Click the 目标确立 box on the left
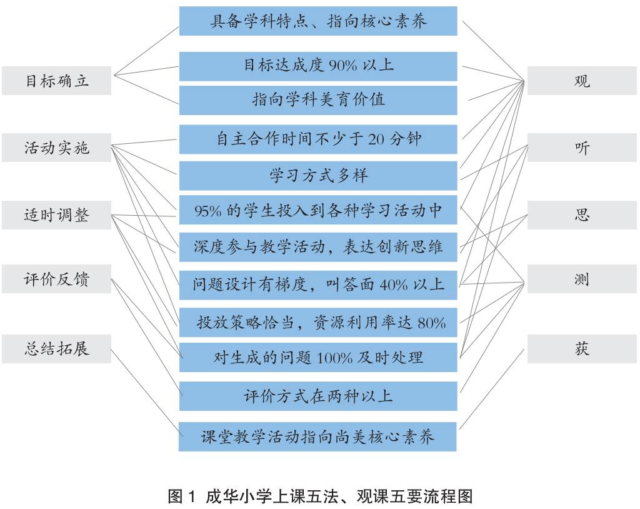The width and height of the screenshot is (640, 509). coord(56,81)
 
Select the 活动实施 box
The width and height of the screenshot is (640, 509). coord(56,148)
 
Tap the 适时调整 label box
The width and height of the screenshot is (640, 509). coord(56,215)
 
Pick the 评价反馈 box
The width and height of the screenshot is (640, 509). coord(56,279)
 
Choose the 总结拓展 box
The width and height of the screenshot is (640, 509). coord(56,348)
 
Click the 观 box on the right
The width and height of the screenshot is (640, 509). coord(582,81)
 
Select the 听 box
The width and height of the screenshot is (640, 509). coord(582,148)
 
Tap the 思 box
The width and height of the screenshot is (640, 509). coord(582,215)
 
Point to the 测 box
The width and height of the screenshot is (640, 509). coord(582,279)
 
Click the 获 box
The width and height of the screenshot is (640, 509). coord(582,348)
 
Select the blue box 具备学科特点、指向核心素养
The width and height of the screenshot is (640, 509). coord(318,21)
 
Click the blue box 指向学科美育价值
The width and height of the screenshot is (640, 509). coord(318,99)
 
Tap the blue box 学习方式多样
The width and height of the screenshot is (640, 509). coord(318,176)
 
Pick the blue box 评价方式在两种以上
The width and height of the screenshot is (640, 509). coord(318,396)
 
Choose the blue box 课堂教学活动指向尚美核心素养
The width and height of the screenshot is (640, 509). coord(318,436)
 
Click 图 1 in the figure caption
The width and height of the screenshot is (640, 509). coord(183,496)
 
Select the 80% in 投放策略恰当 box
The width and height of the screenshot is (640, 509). coord(431,323)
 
